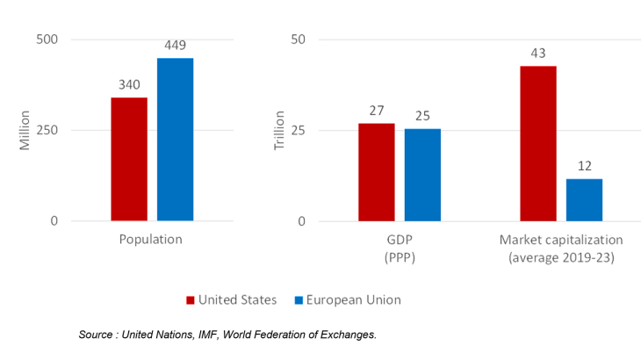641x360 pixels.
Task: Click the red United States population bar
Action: (x=129, y=159)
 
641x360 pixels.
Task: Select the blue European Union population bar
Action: (x=175, y=140)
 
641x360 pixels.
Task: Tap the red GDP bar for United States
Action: (x=377, y=172)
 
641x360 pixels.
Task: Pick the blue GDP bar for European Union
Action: (x=422, y=175)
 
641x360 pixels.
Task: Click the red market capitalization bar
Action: (x=537, y=143)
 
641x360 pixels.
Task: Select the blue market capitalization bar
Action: (x=584, y=199)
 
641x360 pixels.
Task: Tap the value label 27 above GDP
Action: (x=377, y=112)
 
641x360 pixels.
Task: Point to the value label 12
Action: (x=584, y=167)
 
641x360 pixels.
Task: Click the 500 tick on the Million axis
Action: (x=47, y=40)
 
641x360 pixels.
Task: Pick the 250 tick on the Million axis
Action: (x=47, y=130)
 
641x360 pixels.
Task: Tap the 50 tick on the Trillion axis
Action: (x=298, y=40)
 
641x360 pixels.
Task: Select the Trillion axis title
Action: (x=279, y=130)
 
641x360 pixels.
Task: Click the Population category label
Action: (x=152, y=239)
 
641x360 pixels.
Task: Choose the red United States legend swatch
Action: (x=191, y=300)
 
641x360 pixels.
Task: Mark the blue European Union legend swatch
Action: (x=299, y=300)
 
